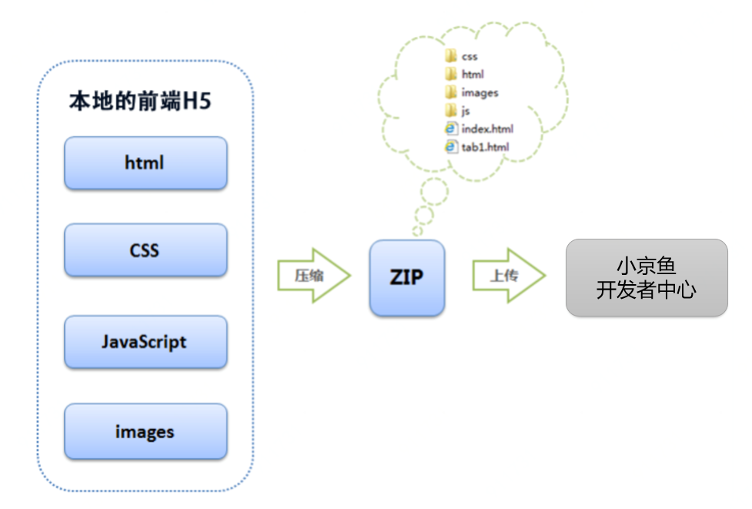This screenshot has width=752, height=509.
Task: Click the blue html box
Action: click(x=145, y=163)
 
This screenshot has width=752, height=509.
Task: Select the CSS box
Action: click(x=145, y=250)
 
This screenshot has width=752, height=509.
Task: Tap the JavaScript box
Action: click(x=145, y=342)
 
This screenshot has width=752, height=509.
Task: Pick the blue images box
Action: click(x=145, y=432)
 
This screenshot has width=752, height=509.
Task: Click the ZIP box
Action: click(x=407, y=278)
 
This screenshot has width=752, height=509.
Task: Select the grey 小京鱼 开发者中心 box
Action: click(x=647, y=278)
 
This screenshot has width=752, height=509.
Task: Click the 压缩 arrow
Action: click(x=314, y=276)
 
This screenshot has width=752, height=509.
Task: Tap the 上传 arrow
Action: click(x=509, y=276)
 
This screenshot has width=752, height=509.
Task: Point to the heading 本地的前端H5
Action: click(x=140, y=101)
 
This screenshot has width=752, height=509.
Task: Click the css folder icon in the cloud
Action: click(x=451, y=56)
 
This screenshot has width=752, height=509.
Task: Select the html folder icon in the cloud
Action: click(x=451, y=74)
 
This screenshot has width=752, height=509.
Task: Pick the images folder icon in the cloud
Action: click(x=451, y=92)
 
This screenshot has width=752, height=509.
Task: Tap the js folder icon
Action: click(x=451, y=110)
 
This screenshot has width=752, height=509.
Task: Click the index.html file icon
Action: click(x=451, y=129)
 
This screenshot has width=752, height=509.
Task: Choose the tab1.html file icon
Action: click(x=451, y=147)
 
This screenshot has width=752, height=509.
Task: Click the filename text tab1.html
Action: click(x=486, y=147)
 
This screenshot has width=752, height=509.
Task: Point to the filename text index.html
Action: click(x=487, y=129)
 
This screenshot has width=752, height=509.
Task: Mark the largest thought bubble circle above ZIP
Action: click(x=435, y=192)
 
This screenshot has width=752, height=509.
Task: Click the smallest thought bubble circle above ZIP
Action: click(x=418, y=231)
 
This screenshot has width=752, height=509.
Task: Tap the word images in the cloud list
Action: click(x=480, y=93)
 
